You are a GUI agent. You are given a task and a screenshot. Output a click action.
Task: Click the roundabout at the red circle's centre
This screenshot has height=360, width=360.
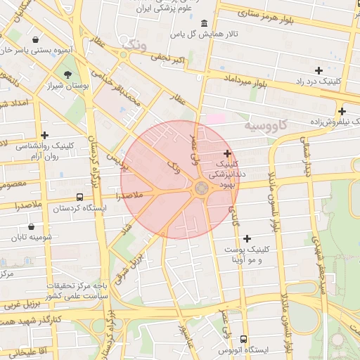point(201,188)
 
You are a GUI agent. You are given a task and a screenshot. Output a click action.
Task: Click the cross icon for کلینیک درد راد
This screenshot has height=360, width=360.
point(319,70)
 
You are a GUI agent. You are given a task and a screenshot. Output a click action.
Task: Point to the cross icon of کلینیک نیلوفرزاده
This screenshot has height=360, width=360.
point(342,111)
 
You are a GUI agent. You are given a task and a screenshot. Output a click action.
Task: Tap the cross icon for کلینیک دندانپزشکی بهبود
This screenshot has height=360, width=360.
point(227,153)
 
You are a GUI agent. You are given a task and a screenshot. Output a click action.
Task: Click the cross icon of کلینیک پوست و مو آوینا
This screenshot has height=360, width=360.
point(247,239)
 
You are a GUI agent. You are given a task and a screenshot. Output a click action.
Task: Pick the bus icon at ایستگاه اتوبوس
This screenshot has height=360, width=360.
point(243,339)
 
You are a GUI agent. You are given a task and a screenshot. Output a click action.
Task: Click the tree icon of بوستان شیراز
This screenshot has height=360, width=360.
point(68,74)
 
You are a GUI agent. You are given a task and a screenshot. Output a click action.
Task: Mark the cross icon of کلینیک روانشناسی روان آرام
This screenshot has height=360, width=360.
point(45,135)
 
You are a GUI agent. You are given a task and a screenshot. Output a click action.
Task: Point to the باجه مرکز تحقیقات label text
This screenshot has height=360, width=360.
point(78,286)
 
